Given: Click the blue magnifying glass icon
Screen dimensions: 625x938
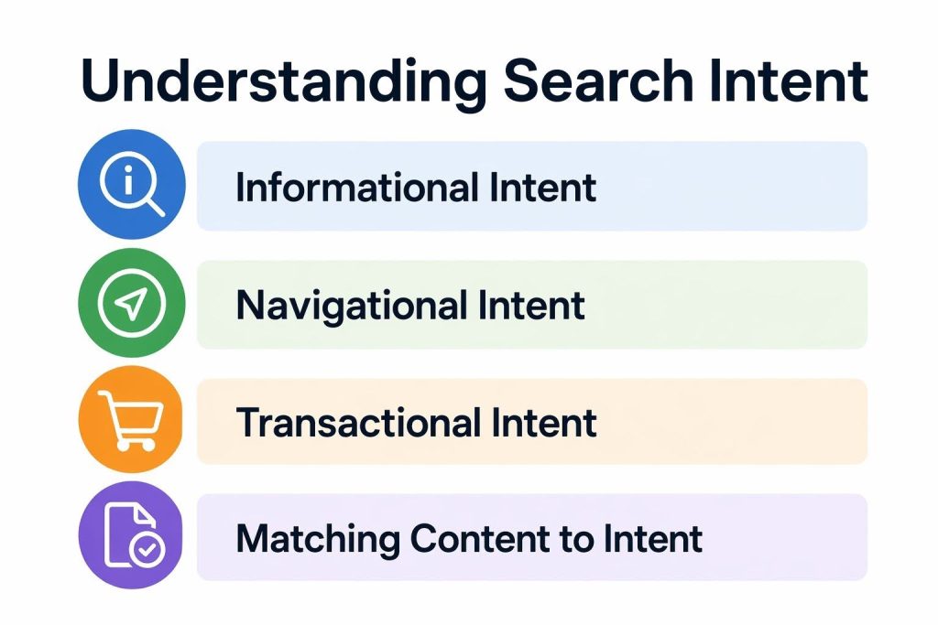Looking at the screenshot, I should coord(132,186).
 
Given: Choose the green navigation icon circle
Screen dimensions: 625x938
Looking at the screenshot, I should coord(132,305).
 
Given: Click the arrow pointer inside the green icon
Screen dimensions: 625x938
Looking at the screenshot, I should coord(132,305).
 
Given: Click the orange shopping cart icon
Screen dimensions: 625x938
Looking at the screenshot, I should coord(132,422).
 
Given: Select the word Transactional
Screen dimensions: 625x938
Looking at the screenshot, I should coord(358,423).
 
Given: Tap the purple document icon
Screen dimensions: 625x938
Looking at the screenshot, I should coord(132,537).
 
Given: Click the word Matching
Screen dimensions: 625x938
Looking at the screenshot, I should coord(317,538).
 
